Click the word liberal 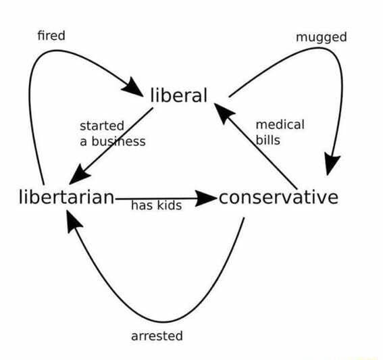[x=178, y=95]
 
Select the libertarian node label [x=66, y=197]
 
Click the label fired [x=51, y=35]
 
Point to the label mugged [x=322, y=36]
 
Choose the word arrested [x=157, y=336]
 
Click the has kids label [x=156, y=205]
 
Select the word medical [x=280, y=124]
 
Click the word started [x=102, y=126]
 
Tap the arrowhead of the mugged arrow [x=332, y=164]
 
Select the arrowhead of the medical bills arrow [x=224, y=109]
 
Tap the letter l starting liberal [x=153, y=95]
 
